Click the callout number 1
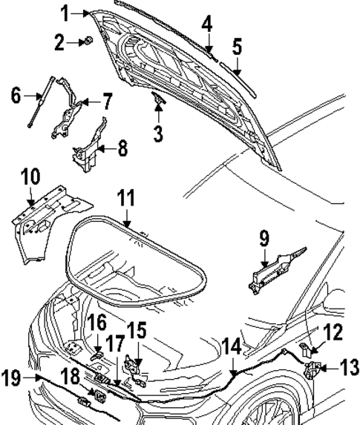(x=65, y=12)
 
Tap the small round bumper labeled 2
(x=87, y=42)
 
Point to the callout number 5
(x=236, y=47)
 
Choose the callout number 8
(x=122, y=148)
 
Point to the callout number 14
(x=232, y=344)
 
